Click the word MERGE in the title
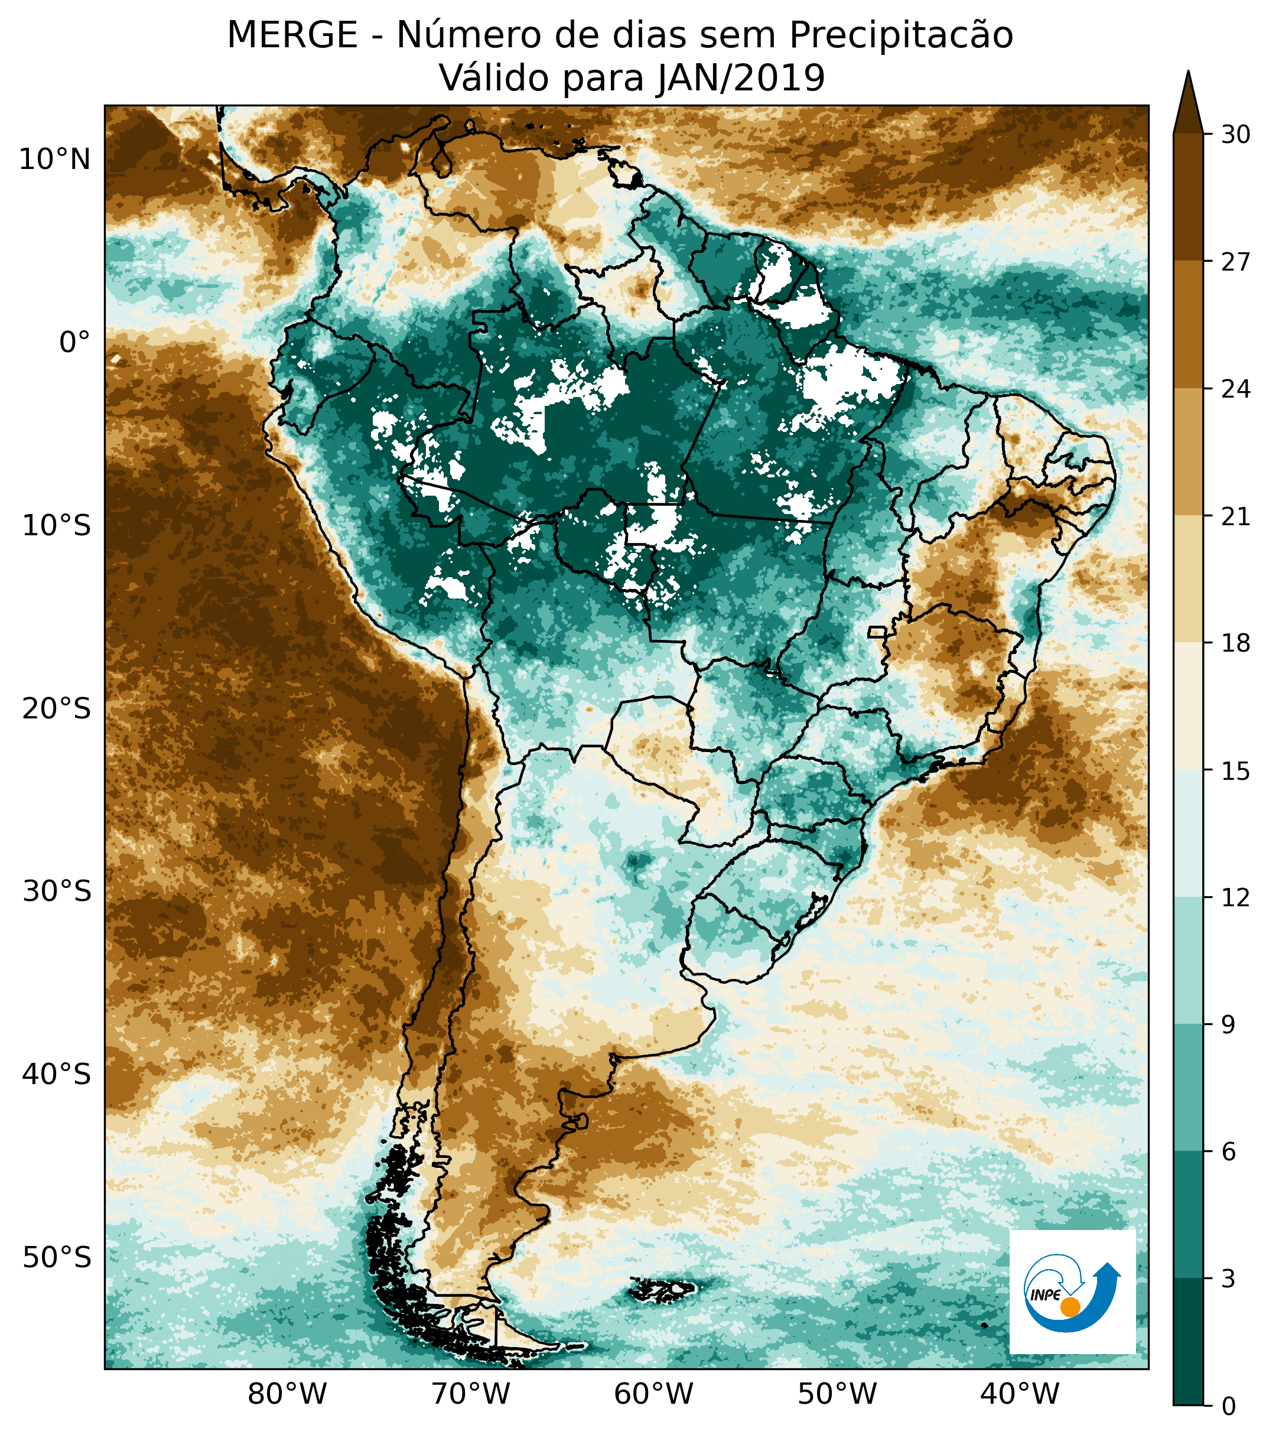pyautogui.click(x=292, y=35)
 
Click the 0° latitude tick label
pyautogui.click(x=74, y=343)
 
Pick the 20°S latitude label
pyautogui.click(x=56, y=708)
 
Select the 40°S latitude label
pyautogui.click(x=56, y=1074)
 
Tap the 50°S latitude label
pyautogui.click(x=56, y=1257)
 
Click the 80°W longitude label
pyautogui.click(x=288, y=1393)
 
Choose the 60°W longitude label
pyautogui.click(x=653, y=1393)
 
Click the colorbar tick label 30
pyautogui.click(x=1235, y=134)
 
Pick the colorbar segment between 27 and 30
pyautogui.click(x=1188, y=197)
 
